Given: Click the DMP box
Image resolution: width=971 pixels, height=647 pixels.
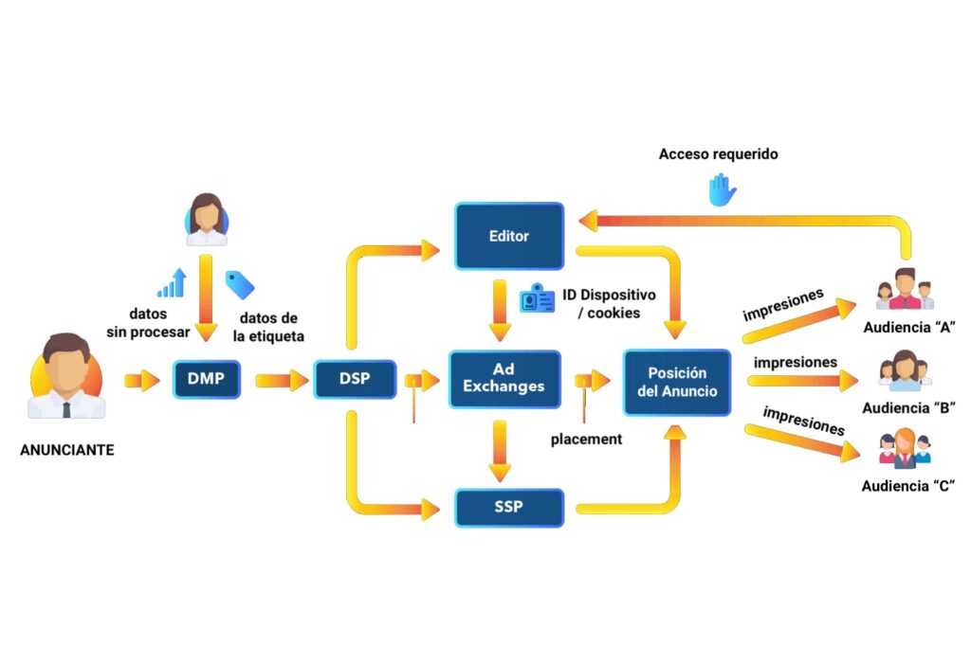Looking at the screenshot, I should (206, 380).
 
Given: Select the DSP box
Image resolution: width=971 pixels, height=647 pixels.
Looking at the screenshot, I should (355, 380).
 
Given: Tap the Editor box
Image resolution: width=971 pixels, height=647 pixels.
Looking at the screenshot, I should (509, 235).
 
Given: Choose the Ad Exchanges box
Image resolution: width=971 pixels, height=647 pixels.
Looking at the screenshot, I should (504, 379).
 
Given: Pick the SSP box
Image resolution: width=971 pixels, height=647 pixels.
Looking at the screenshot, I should (509, 508).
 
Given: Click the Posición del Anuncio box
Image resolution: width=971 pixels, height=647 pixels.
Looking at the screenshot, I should (677, 382).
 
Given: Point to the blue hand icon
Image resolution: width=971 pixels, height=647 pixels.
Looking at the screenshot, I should (723, 189).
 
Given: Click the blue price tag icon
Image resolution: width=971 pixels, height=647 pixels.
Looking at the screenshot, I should (239, 284).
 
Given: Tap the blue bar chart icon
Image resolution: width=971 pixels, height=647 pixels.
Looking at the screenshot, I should (172, 283).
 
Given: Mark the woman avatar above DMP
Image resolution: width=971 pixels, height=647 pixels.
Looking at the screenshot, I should (205, 220).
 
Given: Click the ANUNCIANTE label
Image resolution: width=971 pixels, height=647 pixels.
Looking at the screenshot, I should (67, 451).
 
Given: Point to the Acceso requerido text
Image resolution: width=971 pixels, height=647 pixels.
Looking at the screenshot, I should (719, 153).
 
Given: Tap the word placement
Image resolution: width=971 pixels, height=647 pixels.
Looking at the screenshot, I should (586, 440).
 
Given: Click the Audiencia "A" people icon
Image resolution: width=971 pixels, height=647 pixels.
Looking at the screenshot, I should (905, 289).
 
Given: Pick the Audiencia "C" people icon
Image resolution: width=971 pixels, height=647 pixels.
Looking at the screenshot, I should (907, 448).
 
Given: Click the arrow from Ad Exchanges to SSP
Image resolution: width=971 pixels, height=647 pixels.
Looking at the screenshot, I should (500, 452).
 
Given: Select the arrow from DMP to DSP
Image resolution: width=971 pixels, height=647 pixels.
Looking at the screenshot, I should (282, 381).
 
